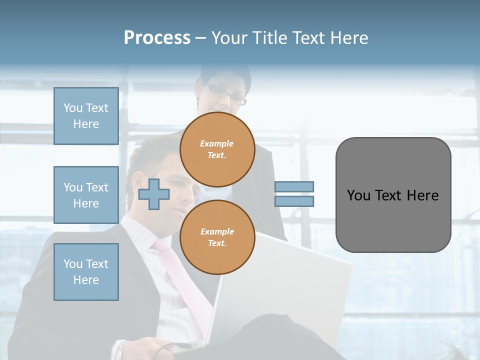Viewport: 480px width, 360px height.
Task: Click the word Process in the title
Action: click(157, 37)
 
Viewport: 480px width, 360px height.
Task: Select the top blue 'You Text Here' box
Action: click(86, 116)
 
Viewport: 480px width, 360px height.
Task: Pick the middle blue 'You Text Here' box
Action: click(86, 195)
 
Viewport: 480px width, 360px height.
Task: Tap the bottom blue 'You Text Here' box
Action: click(86, 272)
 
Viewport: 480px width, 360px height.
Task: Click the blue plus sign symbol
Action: click(153, 194)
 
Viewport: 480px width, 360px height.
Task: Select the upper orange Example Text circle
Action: click(217, 149)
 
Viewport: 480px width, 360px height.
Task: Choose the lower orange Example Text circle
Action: click(217, 237)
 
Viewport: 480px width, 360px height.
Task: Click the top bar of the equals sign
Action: click(294, 186)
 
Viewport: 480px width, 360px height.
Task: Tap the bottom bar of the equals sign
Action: click(294, 201)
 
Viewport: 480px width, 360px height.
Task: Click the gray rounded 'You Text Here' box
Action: click(393, 195)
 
